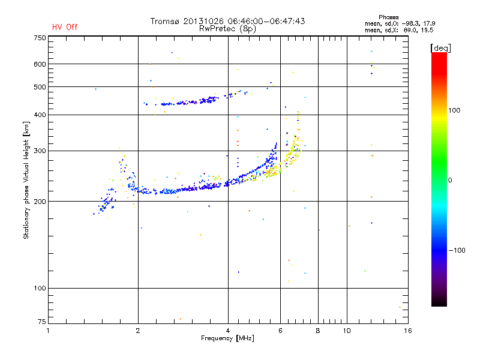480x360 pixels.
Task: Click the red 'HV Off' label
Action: point(65,27)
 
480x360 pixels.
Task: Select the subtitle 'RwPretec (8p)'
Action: point(227,29)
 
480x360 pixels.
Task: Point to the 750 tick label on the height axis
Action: point(40,38)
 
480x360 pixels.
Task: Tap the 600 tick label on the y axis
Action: point(40,64)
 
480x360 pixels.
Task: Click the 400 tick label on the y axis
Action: point(40,115)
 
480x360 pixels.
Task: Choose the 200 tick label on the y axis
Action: point(40,202)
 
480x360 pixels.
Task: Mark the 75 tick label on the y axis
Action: point(42,322)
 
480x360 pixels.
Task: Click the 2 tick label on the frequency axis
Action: point(138,331)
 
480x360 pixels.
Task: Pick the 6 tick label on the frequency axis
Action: point(280,331)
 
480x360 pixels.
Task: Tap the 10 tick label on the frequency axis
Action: point(347,331)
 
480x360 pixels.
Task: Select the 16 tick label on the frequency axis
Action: point(408,331)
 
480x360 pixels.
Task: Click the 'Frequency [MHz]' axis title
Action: point(227,338)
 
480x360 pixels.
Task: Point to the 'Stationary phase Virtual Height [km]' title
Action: point(26,181)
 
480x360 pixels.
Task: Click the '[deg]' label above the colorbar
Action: point(441,48)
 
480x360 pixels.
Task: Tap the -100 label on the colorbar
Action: point(457,250)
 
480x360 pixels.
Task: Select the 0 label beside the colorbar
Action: point(450,181)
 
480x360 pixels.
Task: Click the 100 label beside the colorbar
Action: point(454,110)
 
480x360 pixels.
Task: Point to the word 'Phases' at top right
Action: point(389,17)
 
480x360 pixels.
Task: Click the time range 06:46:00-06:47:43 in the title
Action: point(266,21)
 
